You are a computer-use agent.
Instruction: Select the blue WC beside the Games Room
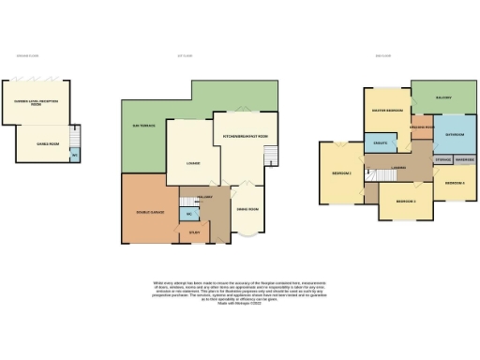coord(75,156)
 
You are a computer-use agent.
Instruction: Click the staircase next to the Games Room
coord(76,136)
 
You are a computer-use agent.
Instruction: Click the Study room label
coord(194,232)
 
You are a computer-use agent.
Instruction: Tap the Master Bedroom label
coord(387,111)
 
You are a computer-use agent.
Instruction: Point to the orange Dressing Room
coord(422,127)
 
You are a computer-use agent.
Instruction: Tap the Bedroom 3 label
coord(455,182)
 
